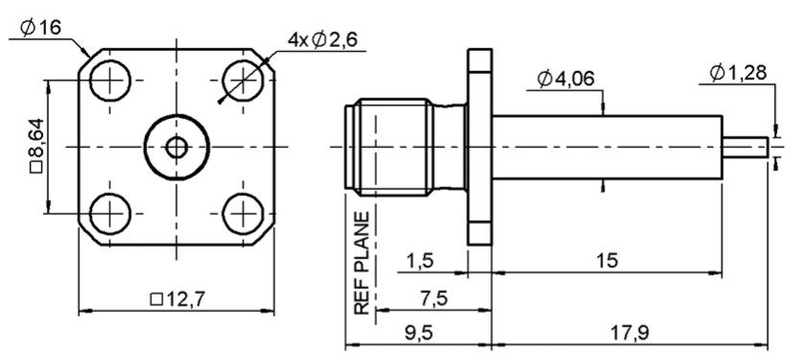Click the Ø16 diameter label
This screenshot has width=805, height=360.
(x=40, y=27)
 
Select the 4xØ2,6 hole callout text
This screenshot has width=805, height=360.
(x=321, y=39)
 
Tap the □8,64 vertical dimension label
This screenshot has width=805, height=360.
(x=37, y=146)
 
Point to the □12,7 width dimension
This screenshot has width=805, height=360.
(x=178, y=299)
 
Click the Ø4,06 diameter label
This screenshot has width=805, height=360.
(x=566, y=79)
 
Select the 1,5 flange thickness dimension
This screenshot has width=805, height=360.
(x=419, y=260)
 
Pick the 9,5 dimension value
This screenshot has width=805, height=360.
(x=419, y=333)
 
